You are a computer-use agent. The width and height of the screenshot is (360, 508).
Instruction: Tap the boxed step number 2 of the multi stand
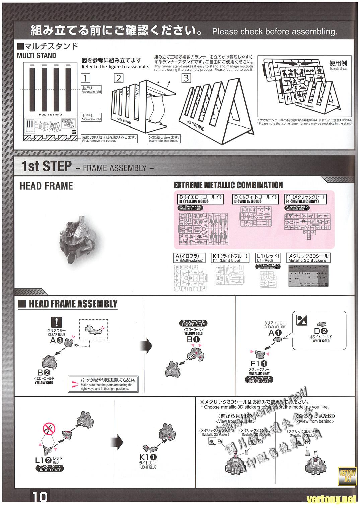pyautogui.click(x=119, y=78)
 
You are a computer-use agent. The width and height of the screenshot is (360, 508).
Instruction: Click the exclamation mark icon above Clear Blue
pyautogui.click(x=56, y=322)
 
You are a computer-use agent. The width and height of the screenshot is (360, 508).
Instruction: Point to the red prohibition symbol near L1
pyautogui.click(x=49, y=428)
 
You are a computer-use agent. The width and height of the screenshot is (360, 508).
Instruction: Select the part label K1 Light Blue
pyautogui.click(x=148, y=457)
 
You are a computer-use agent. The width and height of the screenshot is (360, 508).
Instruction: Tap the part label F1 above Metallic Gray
pyautogui.click(x=259, y=363)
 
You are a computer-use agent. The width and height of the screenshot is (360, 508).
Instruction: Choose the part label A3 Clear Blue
pyautogui.click(x=57, y=341)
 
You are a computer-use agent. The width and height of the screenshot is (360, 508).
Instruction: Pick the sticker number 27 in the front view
pyautogui.click(x=220, y=441)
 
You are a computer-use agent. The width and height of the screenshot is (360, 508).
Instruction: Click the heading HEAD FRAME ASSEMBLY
pyautogui.click(x=73, y=304)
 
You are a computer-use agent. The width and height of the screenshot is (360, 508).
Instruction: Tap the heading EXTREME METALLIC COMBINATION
pyautogui.click(x=228, y=185)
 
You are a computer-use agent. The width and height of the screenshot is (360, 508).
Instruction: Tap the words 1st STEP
pyautogui.click(x=47, y=166)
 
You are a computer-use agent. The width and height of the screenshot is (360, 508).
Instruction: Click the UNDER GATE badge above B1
pyautogui.click(x=193, y=323)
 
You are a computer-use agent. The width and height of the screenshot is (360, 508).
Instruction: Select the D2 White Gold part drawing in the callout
pyautogui.click(x=322, y=324)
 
